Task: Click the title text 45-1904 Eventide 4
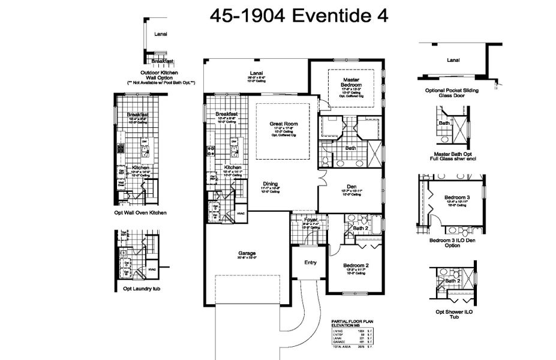pos(298,16)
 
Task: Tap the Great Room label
pos(284,124)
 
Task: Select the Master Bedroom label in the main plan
pos(351,82)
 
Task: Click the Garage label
pos(247,253)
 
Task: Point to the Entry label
pos(310,262)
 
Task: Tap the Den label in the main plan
pos(351,186)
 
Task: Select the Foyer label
pos(310,220)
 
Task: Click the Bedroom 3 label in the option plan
pos(457,197)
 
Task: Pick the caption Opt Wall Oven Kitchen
pos(140,212)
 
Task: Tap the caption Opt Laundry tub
pos(140,289)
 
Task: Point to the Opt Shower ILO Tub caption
pos(453,315)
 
